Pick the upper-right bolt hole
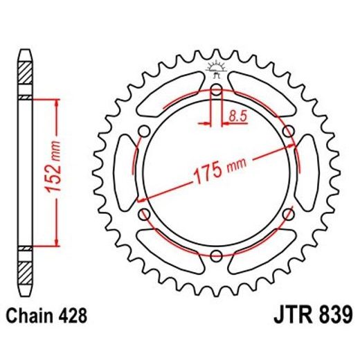pos(287,132)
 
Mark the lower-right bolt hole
pos(287,215)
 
